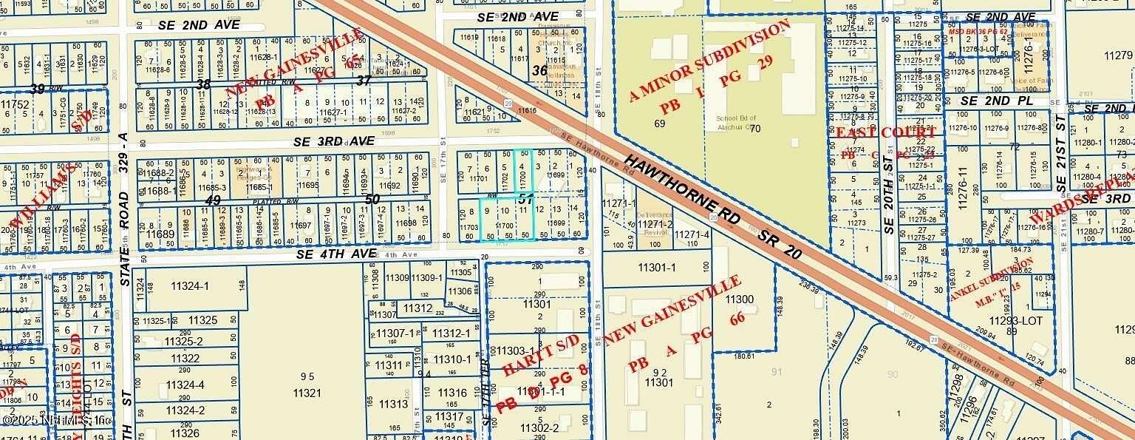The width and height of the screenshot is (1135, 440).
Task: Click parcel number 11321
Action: click(x=307, y=393)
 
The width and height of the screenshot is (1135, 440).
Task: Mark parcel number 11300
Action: click(x=740, y=299)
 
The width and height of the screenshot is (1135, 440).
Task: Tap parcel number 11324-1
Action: click(x=189, y=286)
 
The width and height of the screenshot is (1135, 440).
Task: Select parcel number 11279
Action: click(x=1117, y=55)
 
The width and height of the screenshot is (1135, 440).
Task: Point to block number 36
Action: click(x=540, y=70)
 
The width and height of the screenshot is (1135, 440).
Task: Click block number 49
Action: click(x=214, y=200)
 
